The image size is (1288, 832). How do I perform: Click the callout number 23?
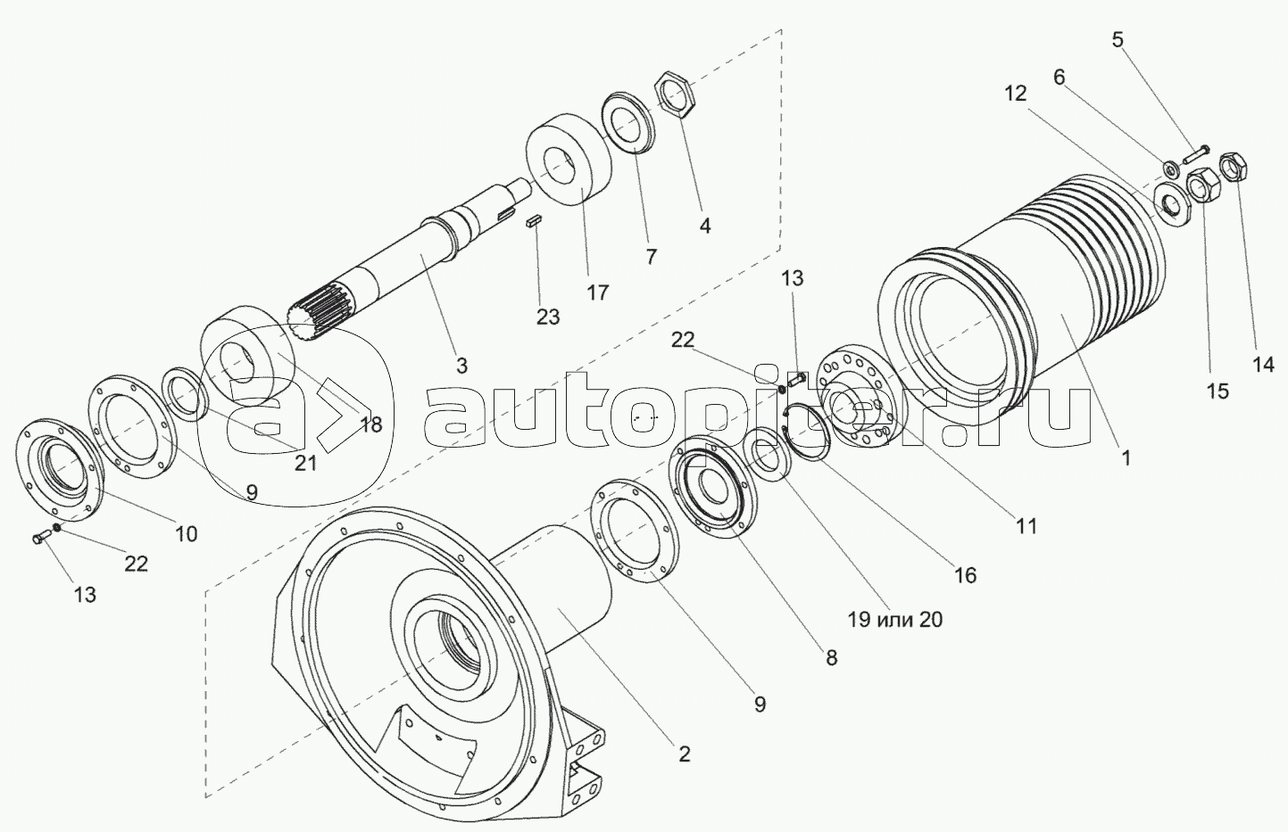(x=547, y=316)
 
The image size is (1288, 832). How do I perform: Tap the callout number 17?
(x=597, y=292)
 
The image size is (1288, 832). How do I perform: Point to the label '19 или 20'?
(x=895, y=620)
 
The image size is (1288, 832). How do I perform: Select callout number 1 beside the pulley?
(x=1126, y=458)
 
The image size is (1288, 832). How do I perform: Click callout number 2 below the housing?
(x=684, y=754)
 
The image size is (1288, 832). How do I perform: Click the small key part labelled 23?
(x=534, y=221)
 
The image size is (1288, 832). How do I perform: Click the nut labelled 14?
(x=1235, y=166)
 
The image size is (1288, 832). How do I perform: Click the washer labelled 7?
(x=628, y=122)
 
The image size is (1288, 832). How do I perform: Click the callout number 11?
(x=1027, y=527)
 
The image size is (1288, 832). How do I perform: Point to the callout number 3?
(x=461, y=366)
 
